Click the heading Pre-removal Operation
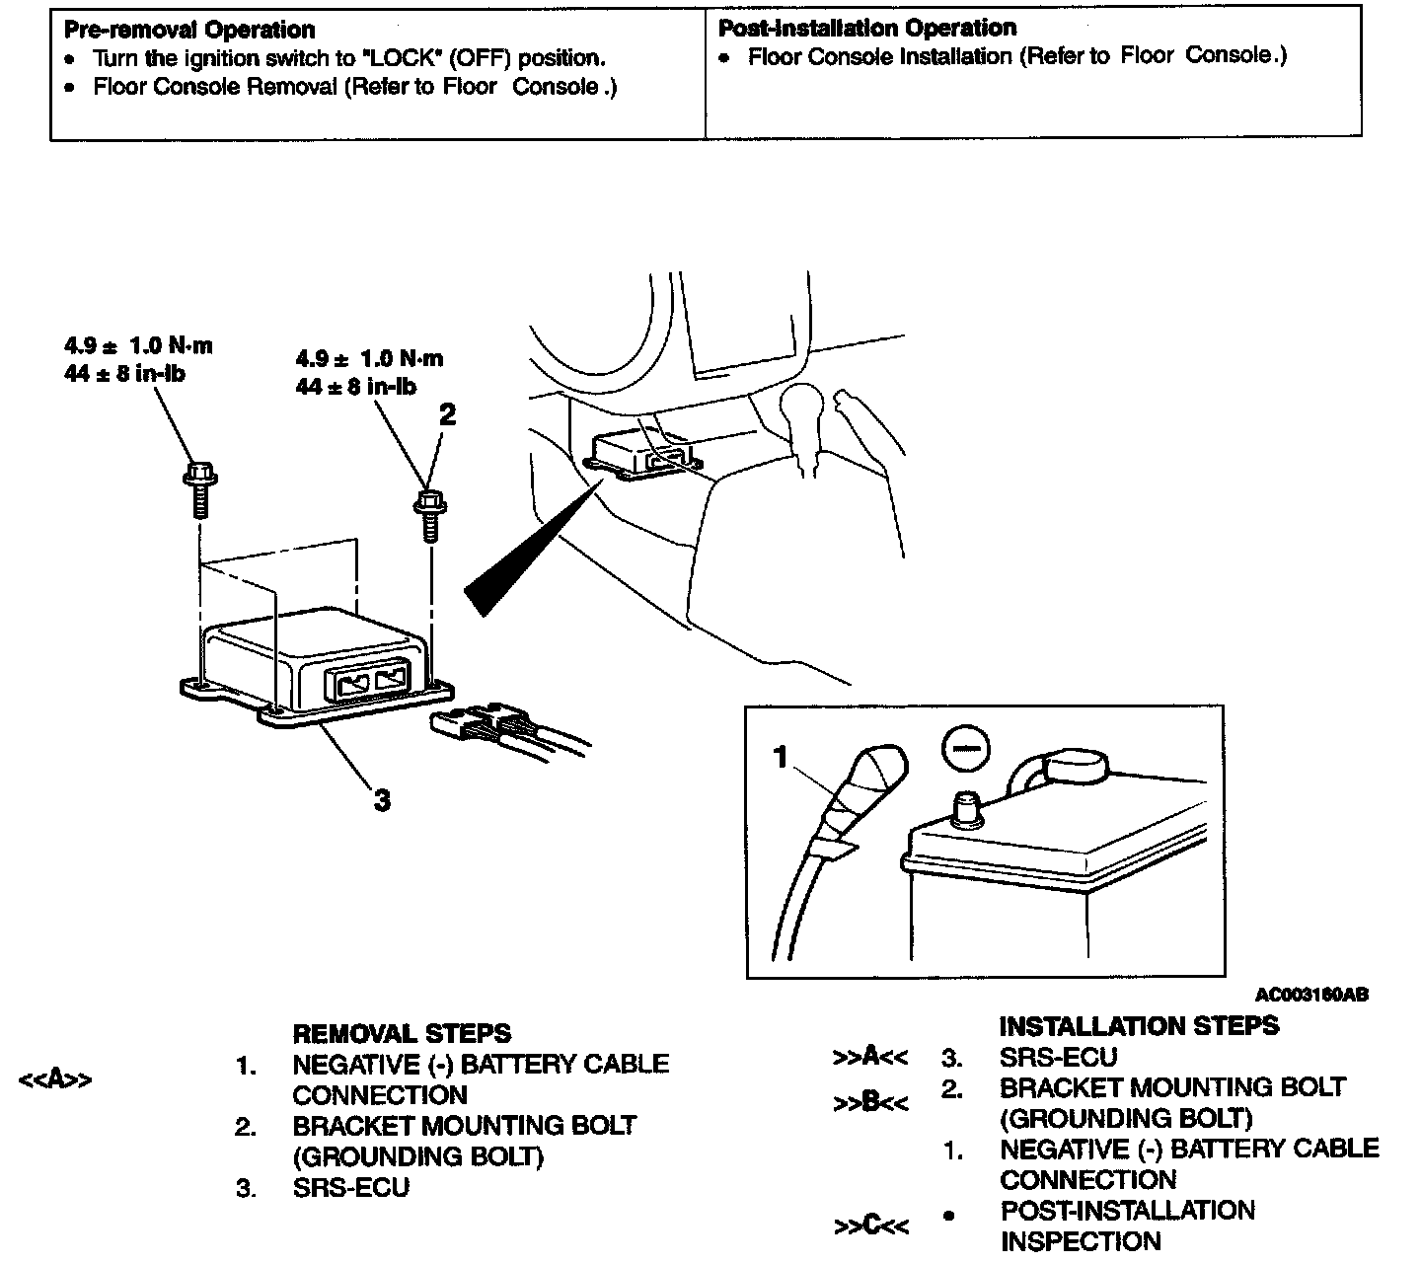click(x=189, y=30)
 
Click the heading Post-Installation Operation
click(x=867, y=28)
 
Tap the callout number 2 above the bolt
click(x=447, y=414)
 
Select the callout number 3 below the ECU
click(x=382, y=800)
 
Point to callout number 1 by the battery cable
click(x=781, y=758)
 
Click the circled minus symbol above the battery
click(x=962, y=750)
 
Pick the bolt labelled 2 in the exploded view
click(x=429, y=514)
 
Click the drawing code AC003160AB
click(x=1311, y=996)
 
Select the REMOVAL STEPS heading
click(x=402, y=1034)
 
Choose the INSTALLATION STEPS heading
click(x=1139, y=1026)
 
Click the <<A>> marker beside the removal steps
click(x=55, y=1079)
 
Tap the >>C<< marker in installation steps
click(x=870, y=1226)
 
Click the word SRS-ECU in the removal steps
click(x=350, y=1188)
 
